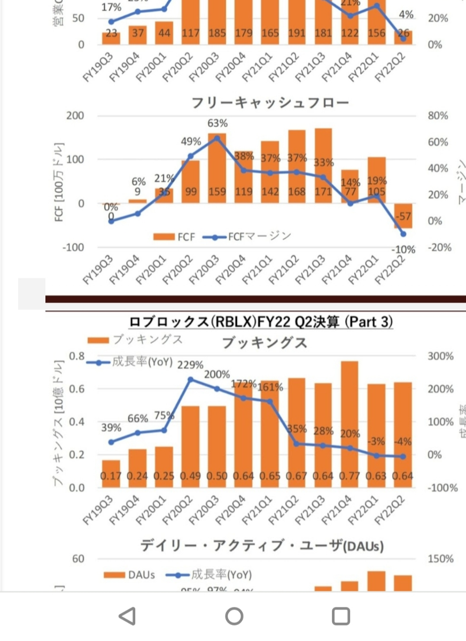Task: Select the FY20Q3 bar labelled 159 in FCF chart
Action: tap(218, 168)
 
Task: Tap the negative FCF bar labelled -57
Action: tap(402, 216)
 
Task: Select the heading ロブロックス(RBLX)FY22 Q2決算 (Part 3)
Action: tap(261, 322)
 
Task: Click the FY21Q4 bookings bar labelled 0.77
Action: tap(349, 424)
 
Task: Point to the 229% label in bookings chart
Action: tap(191, 365)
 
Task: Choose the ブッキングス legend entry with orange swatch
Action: tap(135, 339)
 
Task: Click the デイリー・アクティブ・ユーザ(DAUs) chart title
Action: tap(262, 546)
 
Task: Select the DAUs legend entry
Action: tap(129, 575)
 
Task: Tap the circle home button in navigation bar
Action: tap(234, 616)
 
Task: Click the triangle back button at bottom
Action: tap(127, 616)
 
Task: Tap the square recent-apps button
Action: tap(341, 616)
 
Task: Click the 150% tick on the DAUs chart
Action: tap(440, 559)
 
